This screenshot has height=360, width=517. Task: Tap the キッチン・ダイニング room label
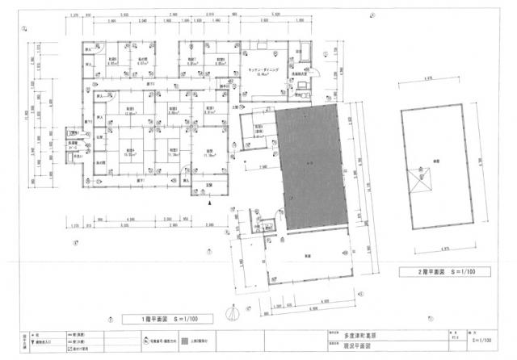tap(263, 71)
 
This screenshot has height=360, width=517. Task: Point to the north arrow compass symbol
tap(233, 309)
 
